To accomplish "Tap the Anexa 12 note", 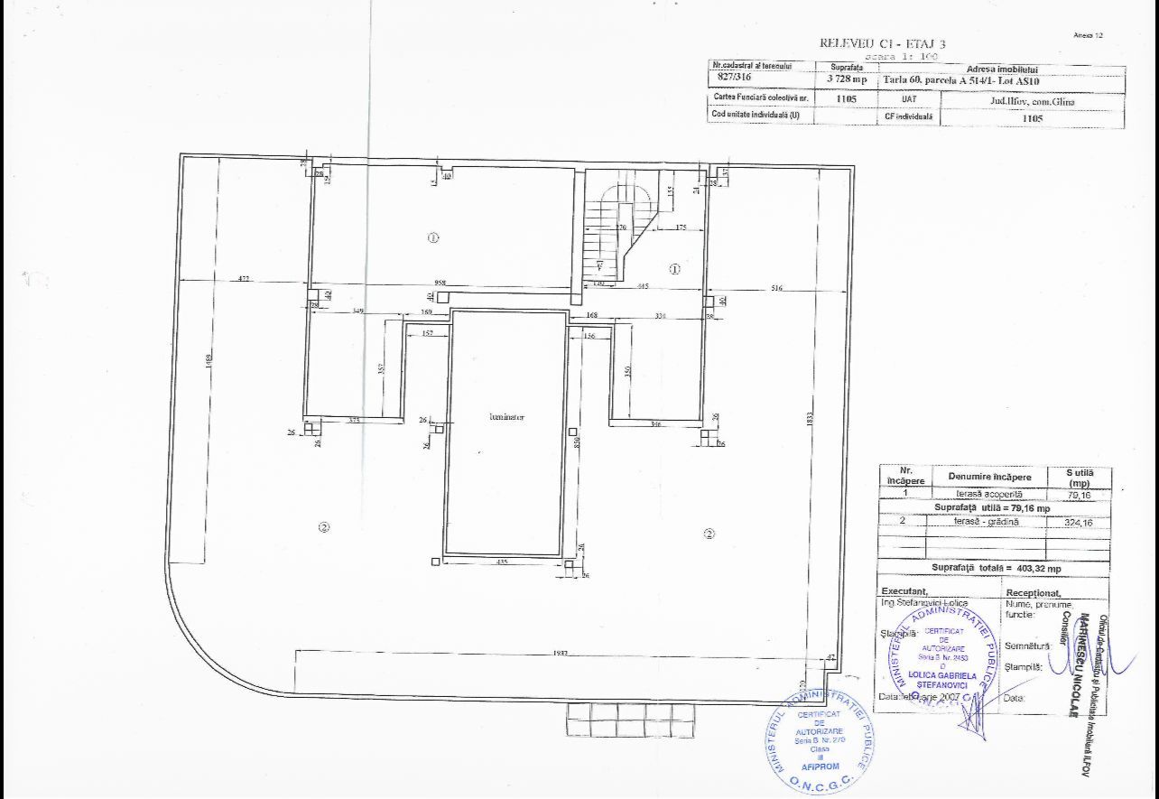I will pyautogui.click(x=1088, y=35).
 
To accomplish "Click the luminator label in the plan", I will pyautogui.click(x=506, y=417).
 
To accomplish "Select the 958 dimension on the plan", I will pyautogui.click(x=440, y=283).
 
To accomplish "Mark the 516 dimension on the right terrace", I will pyautogui.click(x=776, y=289).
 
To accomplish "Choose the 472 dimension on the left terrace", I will pyautogui.click(x=244, y=279).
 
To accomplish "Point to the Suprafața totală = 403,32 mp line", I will pyautogui.click(x=996, y=569).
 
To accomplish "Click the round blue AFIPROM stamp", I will pyautogui.click(x=820, y=740).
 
